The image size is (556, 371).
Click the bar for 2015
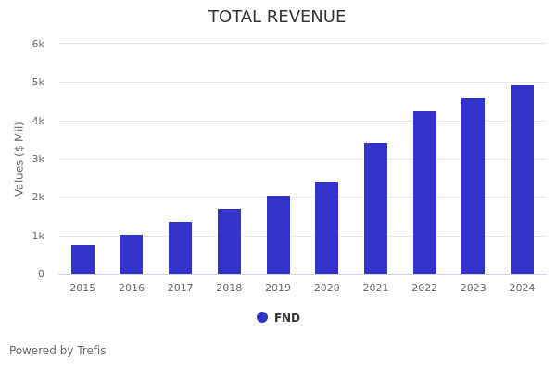click(x=82, y=260)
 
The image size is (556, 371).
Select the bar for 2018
click(x=229, y=241)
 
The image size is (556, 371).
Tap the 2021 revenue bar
click(x=375, y=209)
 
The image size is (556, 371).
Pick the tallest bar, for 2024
click(x=522, y=180)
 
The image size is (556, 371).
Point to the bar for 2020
click(x=326, y=228)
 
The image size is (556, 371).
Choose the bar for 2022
click(x=424, y=193)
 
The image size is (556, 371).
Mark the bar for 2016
click(x=132, y=254)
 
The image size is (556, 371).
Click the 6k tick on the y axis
click(x=38, y=44)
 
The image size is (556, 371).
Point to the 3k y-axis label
click(x=38, y=159)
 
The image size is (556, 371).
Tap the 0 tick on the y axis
click(x=41, y=274)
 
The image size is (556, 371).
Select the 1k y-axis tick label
click(x=38, y=236)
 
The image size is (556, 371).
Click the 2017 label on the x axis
click(x=180, y=288)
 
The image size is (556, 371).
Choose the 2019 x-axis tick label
click(x=278, y=288)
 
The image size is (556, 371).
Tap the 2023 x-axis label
click(x=473, y=288)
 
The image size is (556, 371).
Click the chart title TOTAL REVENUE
click(x=277, y=18)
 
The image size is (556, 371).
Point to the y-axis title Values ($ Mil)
click(x=19, y=159)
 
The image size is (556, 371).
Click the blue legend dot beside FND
click(x=262, y=317)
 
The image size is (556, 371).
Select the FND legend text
click(x=287, y=318)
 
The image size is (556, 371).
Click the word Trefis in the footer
click(x=91, y=351)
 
